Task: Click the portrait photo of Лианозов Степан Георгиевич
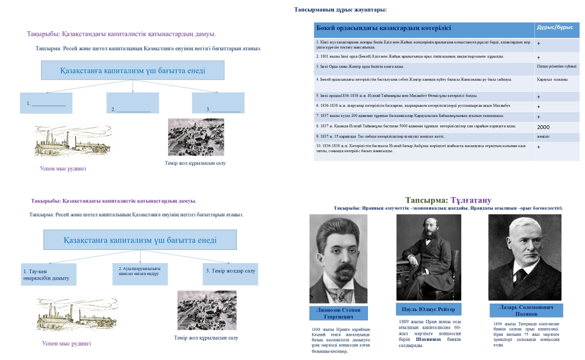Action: click(x=338, y=258)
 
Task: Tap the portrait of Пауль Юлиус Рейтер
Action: click(x=428, y=257)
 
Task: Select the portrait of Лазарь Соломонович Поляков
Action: click(x=525, y=257)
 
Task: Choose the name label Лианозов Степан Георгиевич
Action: click(x=338, y=313)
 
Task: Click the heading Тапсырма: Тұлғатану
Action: click(x=448, y=200)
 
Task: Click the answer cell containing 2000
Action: click(x=556, y=127)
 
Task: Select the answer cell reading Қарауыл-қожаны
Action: click(x=556, y=80)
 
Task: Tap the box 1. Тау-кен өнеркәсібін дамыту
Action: click(x=48, y=275)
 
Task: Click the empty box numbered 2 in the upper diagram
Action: click(x=132, y=103)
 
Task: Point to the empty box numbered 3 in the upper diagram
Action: click(x=218, y=103)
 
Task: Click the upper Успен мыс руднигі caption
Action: click(x=63, y=168)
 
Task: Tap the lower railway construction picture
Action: click(x=207, y=310)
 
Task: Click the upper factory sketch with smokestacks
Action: click(x=72, y=141)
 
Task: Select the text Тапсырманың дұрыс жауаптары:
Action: click(x=340, y=10)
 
